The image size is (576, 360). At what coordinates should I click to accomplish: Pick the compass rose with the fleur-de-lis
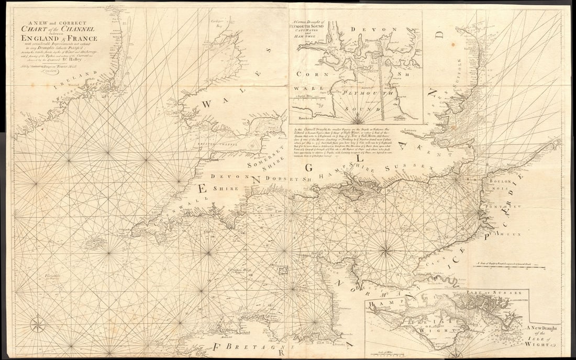[x=38, y=324]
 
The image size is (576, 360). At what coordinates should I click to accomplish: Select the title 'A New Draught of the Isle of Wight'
[x=543, y=335]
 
